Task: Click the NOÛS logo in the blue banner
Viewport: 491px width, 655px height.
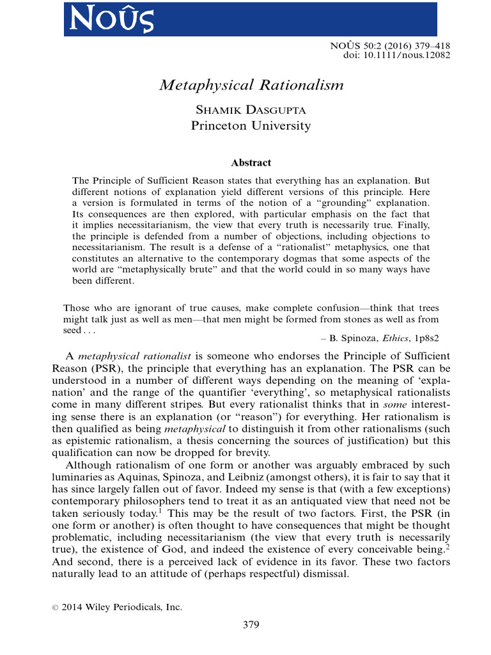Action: [x=112, y=19]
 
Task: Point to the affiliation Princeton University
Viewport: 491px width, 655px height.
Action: [x=251, y=126]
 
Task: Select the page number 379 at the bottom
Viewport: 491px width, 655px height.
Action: [x=251, y=625]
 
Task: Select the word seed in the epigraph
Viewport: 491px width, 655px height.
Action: [x=72, y=330]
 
